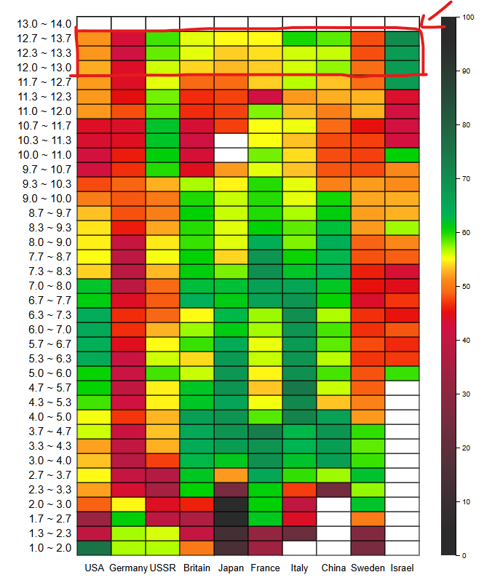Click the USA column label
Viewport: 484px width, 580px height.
point(94,568)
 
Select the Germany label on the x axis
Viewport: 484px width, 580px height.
point(129,568)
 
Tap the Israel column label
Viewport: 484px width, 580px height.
point(402,568)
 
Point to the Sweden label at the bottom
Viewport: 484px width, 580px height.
point(368,568)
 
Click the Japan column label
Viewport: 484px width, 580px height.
point(231,568)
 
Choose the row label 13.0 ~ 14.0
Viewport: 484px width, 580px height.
point(44,24)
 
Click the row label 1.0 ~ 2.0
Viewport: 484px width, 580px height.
point(44,548)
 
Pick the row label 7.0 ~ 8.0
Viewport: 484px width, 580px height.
point(44,286)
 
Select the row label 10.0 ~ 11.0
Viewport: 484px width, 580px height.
point(44,155)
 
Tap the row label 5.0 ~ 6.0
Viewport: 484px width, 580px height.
point(44,373)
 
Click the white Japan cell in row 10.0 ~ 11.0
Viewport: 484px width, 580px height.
point(231,155)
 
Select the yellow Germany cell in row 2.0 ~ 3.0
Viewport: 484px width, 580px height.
point(129,504)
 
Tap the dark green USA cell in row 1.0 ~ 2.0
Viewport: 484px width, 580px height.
point(94,548)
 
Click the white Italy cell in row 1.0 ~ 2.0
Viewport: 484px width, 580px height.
point(300,548)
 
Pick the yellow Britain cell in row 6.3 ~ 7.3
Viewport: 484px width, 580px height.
point(197,315)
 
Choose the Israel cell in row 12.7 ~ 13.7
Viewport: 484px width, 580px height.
point(402,39)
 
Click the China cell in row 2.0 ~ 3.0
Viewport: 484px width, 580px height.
point(334,504)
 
